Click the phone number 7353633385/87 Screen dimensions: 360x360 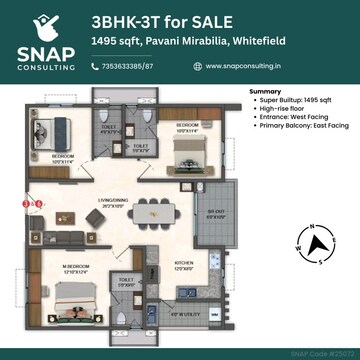(x=130, y=66)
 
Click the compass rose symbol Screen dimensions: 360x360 (x=317, y=242)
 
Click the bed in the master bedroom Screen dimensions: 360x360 (x=70, y=300)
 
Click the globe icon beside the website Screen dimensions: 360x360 (x=197, y=66)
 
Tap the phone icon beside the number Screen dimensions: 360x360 (x=94, y=66)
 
